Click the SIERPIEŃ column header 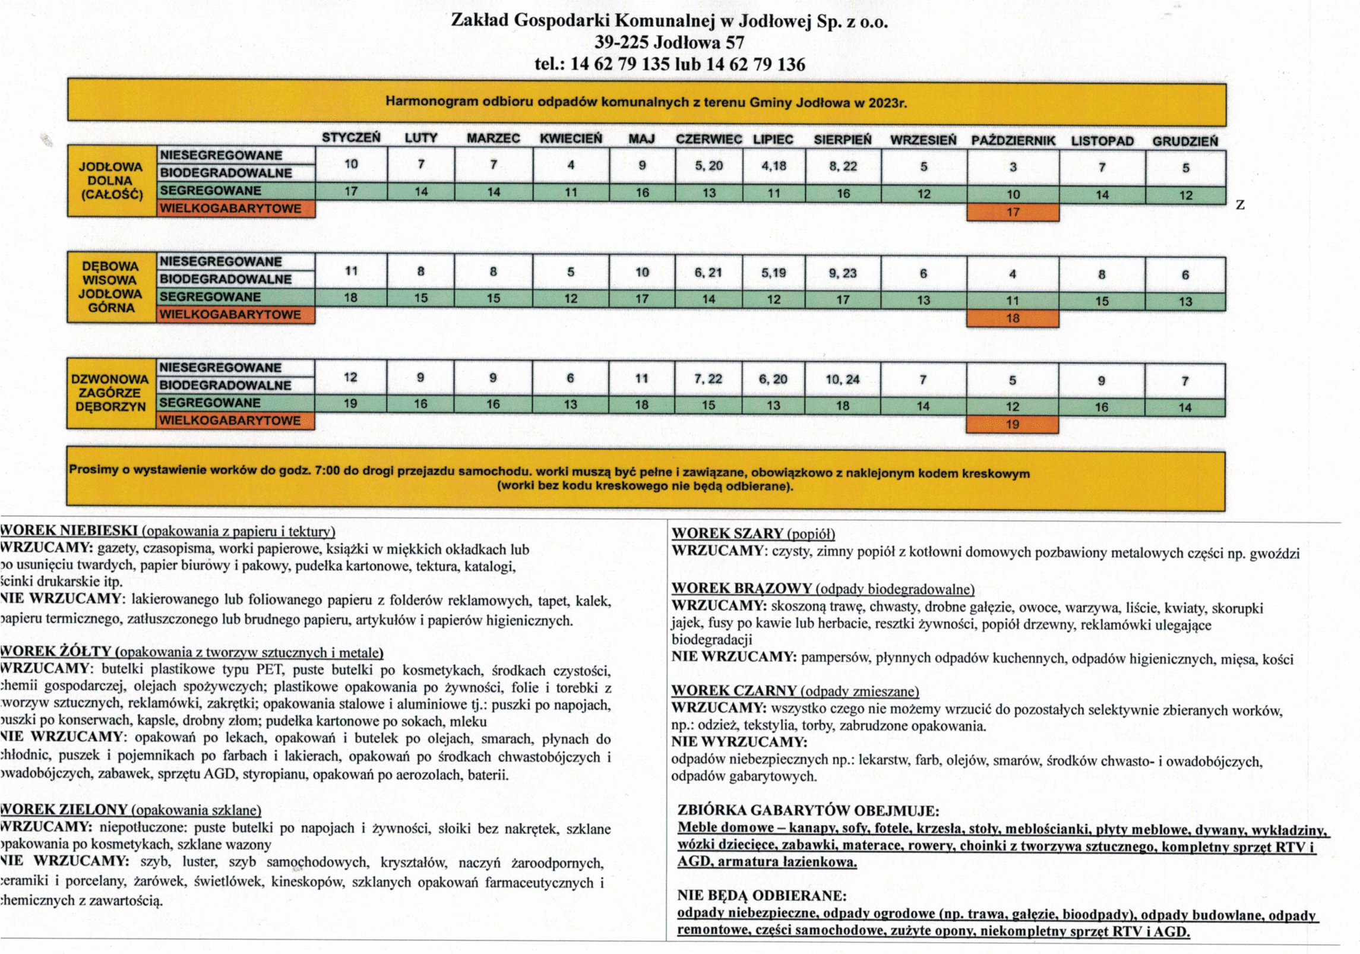point(842,140)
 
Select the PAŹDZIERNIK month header point(1013,141)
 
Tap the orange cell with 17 point(1013,212)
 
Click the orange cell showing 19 point(1012,424)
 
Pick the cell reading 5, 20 point(709,166)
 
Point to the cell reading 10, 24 point(842,379)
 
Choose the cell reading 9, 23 point(843,273)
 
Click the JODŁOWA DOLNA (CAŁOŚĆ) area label point(112,180)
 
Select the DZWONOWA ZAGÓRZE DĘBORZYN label point(110,393)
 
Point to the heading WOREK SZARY point(728,533)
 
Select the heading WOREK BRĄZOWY point(741,588)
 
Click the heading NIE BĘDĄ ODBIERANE point(761,895)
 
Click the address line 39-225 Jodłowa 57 point(669,42)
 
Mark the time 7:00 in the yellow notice point(327,470)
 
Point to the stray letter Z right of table point(1240,205)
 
